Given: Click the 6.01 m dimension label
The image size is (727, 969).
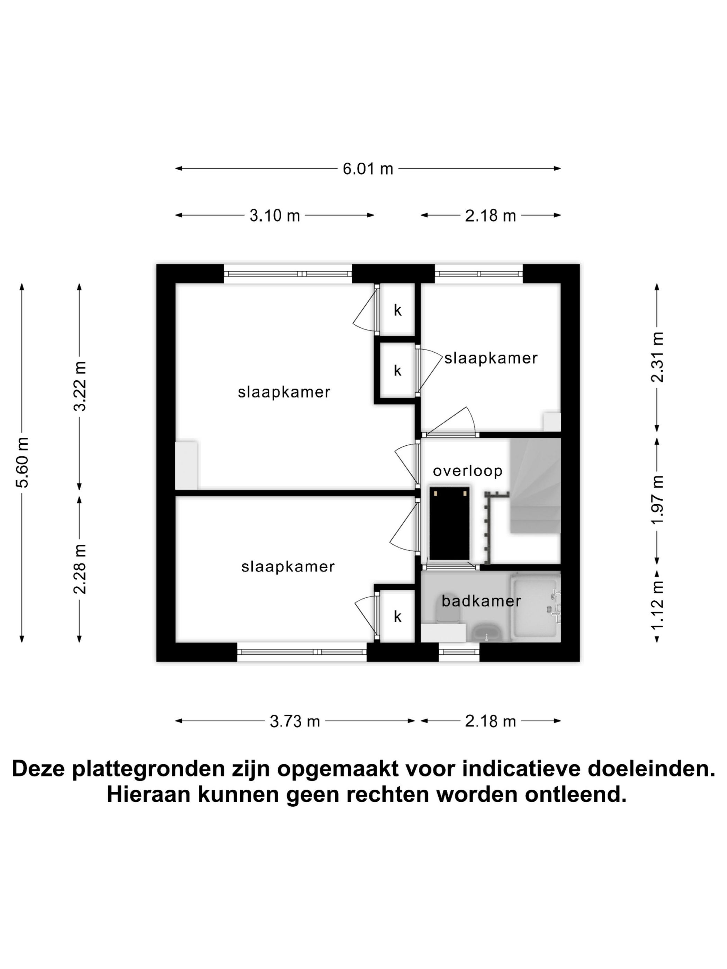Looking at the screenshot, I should click(x=367, y=169).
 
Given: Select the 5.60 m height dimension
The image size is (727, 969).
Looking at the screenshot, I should click(x=22, y=462).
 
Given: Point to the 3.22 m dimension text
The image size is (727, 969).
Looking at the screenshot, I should click(x=80, y=386).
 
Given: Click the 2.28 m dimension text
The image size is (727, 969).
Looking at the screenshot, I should click(x=80, y=569).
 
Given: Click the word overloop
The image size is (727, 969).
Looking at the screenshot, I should click(x=467, y=471).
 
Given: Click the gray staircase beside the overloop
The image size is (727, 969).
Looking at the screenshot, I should click(x=535, y=486).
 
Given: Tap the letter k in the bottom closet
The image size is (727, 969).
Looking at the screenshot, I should click(x=397, y=617).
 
